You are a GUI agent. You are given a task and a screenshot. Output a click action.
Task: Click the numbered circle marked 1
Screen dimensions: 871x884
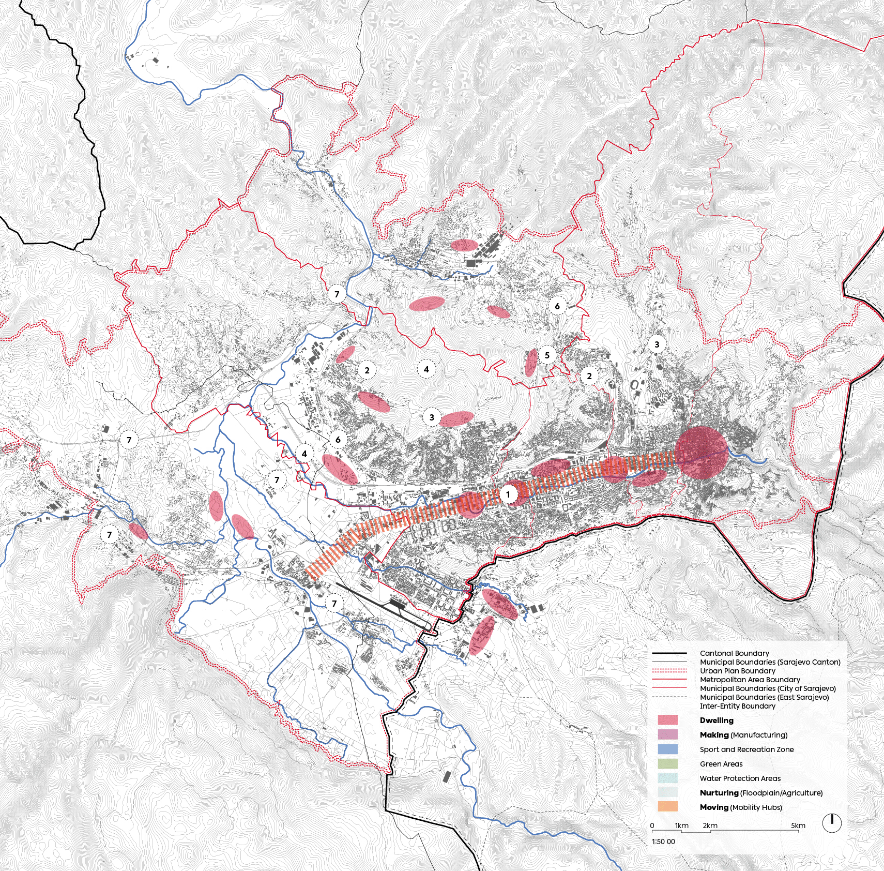click(x=508, y=494)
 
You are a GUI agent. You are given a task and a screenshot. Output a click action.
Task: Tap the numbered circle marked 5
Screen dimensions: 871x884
click(x=547, y=355)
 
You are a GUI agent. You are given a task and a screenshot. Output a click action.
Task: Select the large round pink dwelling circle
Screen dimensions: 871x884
click(x=701, y=454)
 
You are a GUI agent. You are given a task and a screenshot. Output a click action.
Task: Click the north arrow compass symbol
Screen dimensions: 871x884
click(x=832, y=823)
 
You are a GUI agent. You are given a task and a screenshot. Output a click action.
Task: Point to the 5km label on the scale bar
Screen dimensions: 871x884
click(x=798, y=825)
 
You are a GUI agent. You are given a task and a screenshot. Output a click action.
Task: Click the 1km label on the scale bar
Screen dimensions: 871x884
click(x=681, y=825)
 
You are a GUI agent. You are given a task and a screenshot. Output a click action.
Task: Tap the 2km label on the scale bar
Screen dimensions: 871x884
click(x=710, y=825)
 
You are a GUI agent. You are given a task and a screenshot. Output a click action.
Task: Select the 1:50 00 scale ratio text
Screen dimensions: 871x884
click(x=663, y=842)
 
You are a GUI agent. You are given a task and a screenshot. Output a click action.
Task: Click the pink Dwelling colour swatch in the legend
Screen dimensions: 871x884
click(x=667, y=720)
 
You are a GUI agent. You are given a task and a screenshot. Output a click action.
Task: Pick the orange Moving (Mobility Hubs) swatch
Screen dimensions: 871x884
click(x=667, y=806)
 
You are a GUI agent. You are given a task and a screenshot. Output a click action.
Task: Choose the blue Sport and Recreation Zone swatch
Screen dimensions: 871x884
click(x=667, y=749)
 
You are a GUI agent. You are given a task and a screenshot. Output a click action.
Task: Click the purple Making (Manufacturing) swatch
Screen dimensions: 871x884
click(x=667, y=734)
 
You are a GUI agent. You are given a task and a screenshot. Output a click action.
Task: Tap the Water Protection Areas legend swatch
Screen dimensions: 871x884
click(x=667, y=778)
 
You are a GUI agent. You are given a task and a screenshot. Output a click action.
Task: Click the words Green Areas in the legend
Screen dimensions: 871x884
click(x=721, y=764)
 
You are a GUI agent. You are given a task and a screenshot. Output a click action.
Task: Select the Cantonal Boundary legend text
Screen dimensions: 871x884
click(x=734, y=653)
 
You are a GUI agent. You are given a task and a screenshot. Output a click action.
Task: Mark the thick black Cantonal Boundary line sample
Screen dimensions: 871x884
click(x=669, y=653)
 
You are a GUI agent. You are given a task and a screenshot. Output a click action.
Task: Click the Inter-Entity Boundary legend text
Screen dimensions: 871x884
click(x=737, y=706)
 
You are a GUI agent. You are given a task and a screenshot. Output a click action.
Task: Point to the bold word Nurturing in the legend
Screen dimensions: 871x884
click(x=719, y=792)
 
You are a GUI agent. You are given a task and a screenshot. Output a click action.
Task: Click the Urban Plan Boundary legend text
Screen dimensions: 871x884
click(x=737, y=671)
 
